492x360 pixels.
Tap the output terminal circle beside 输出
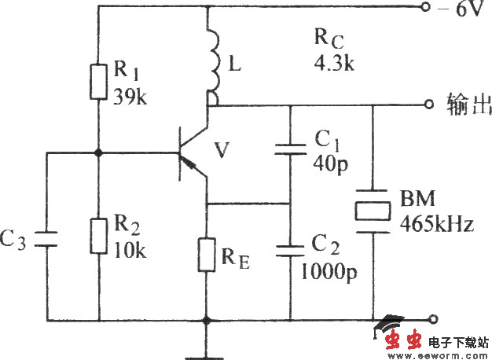coord(428,105)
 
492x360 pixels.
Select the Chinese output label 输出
coord(466,104)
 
